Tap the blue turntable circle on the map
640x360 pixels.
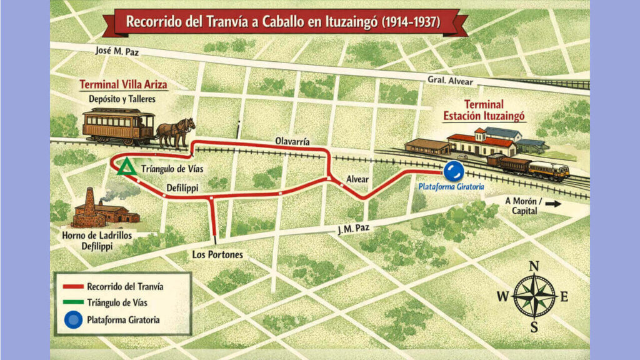453,171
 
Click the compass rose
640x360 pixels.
534,296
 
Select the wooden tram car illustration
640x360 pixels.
118,124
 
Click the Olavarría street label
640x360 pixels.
294,142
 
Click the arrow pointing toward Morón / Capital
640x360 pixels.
553,203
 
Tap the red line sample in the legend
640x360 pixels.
74,287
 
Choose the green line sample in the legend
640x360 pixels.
74,303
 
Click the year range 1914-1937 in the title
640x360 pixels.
409,22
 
